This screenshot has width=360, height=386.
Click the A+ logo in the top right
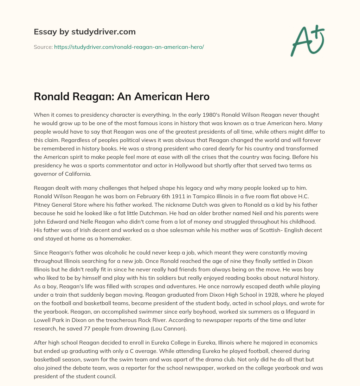pos(307,41)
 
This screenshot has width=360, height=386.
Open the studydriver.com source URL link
pos(129,47)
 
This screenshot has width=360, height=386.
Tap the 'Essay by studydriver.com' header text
pos(85,32)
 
